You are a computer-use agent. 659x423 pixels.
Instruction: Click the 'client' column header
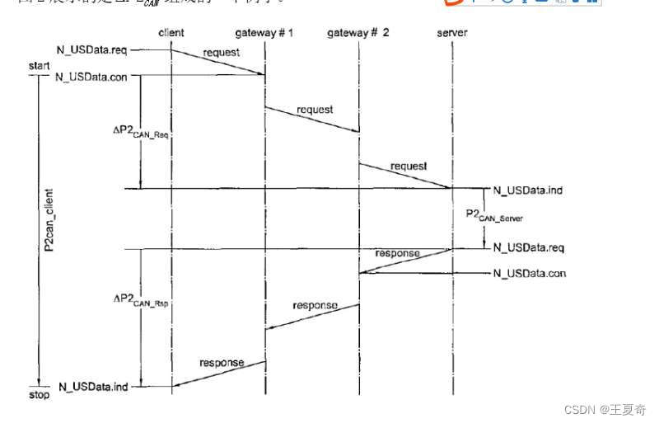click(171, 33)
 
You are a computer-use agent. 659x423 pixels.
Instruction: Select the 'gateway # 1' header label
click(265, 33)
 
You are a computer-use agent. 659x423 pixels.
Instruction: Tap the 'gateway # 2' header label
click(359, 33)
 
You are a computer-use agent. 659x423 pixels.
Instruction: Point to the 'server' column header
click(452, 33)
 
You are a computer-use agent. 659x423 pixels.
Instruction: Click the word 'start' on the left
click(40, 65)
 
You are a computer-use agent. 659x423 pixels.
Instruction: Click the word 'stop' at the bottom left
click(39, 395)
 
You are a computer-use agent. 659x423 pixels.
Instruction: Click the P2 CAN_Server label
click(493, 216)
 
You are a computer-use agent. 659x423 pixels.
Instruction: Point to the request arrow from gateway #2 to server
click(406, 176)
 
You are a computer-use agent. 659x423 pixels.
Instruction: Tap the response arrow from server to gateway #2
click(405, 261)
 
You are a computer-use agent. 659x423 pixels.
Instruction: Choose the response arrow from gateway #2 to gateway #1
click(312, 317)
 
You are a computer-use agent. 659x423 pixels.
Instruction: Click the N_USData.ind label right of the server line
click(527, 190)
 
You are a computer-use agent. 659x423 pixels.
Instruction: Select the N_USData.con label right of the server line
click(529, 273)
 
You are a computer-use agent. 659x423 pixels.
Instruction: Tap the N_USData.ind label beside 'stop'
click(92, 386)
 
